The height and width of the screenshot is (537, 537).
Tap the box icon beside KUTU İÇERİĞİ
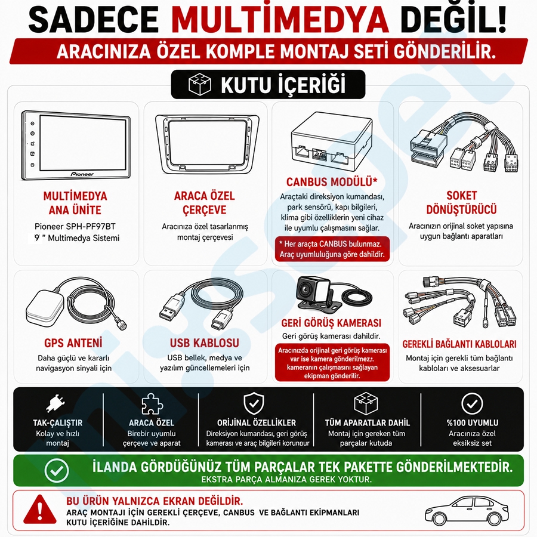click(200, 84)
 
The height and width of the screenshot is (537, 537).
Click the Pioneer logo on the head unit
click(82, 174)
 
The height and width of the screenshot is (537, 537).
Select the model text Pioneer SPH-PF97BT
click(75, 226)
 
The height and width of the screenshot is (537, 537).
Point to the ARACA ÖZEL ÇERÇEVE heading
click(205, 203)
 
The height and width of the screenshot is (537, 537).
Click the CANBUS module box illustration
click(332, 140)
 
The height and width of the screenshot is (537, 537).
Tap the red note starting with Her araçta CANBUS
click(332, 249)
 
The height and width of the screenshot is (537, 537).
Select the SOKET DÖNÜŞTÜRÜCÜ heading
click(461, 202)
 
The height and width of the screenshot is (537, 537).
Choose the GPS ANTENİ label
click(73, 343)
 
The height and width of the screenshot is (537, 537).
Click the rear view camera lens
click(304, 291)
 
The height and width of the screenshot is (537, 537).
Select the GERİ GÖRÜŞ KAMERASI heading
click(331, 323)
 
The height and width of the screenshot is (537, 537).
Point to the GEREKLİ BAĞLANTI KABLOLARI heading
click(459, 344)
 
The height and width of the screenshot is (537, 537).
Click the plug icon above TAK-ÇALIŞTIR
click(56, 403)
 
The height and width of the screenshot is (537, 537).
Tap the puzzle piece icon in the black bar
click(152, 404)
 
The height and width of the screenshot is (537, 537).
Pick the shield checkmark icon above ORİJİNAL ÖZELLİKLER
click(254, 403)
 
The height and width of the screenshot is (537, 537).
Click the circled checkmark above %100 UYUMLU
click(472, 404)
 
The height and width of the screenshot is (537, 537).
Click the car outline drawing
click(467, 511)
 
